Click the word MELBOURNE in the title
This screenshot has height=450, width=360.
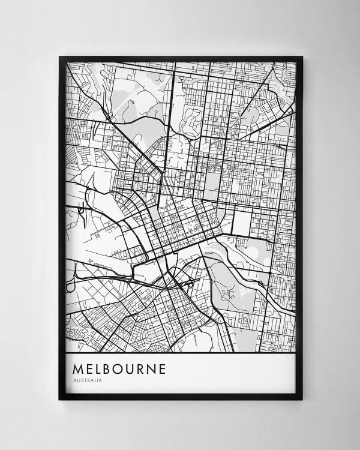pyautogui.click(x=118, y=368)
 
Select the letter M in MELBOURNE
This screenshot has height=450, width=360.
pyautogui.click(x=77, y=368)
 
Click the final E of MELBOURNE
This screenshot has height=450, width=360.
pyautogui.click(x=162, y=368)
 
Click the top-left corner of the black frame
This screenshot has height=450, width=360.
pyautogui.click(x=60, y=58)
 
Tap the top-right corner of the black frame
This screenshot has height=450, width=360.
pyautogui.click(x=302, y=58)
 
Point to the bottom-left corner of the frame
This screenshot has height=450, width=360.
pyautogui.click(x=60, y=398)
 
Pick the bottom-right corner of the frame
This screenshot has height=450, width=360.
pyautogui.click(x=302, y=398)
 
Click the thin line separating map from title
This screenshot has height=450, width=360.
pyautogui.click(x=180, y=353)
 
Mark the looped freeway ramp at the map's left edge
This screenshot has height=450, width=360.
pyautogui.click(x=71, y=277)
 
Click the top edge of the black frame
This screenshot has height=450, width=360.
pyautogui.click(x=180, y=58)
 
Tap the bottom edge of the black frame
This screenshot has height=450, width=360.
pyautogui.click(x=180, y=397)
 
